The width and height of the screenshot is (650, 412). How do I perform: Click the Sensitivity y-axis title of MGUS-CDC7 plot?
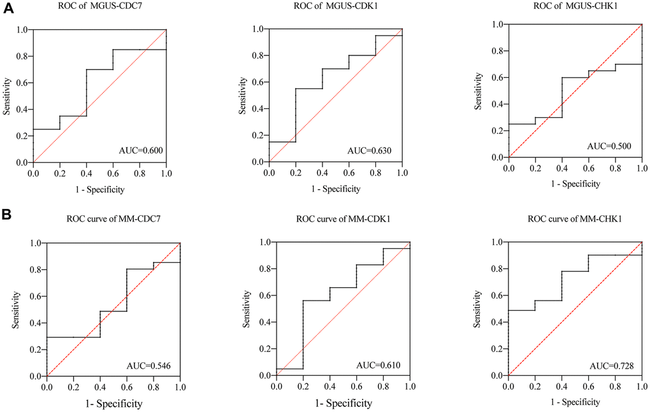[x=7, y=96]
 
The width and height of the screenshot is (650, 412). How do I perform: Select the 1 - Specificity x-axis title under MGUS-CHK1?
[x=574, y=184]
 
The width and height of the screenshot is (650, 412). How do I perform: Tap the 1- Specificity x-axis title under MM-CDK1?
[x=343, y=404]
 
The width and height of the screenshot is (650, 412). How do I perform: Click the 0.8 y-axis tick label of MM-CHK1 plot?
[x=496, y=269]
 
